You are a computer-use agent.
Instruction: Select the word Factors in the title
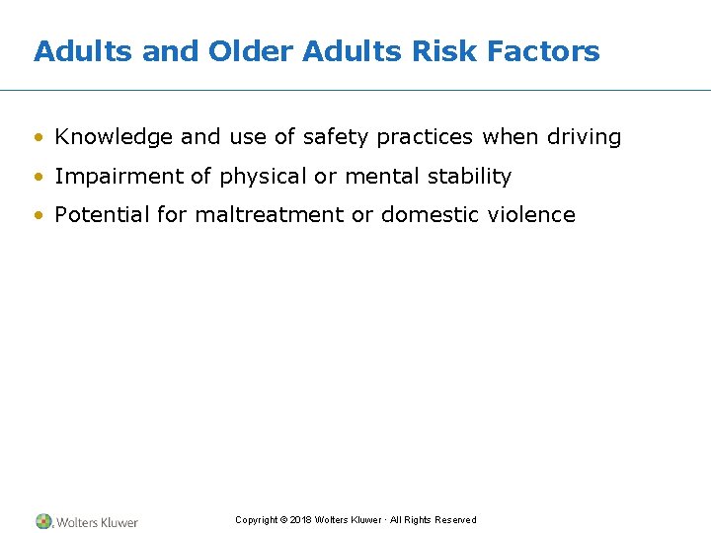[x=546, y=51]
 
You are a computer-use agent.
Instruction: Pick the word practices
[x=425, y=138]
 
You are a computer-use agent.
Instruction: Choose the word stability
[x=470, y=177]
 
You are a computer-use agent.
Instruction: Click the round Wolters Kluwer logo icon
[x=44, y=521]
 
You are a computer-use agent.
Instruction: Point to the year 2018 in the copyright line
[x=302, y=520]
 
